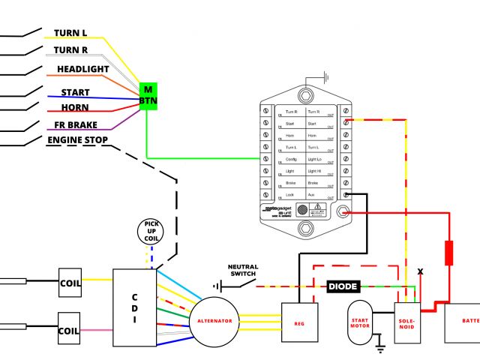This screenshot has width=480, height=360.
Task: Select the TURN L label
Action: coord(70,34)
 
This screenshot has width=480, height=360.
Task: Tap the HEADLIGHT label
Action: coord(83,70)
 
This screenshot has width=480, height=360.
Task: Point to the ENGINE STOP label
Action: coord(78,140)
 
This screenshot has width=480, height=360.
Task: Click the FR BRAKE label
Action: coord(75,125)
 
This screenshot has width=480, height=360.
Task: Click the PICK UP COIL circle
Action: coord(152,232)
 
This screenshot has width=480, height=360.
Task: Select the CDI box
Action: coord(135,307)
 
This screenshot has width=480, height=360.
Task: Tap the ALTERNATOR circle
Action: coord(214,321)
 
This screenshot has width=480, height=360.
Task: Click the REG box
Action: coord(299,323)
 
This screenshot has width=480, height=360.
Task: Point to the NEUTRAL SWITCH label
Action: coord(241,270)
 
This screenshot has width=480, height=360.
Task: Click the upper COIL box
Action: coord(70,283)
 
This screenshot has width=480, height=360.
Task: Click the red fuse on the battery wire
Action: coord(449,253)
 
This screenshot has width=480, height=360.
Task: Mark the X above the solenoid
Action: coord(420,271)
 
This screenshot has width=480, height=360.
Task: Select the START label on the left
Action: coord(75,93)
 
